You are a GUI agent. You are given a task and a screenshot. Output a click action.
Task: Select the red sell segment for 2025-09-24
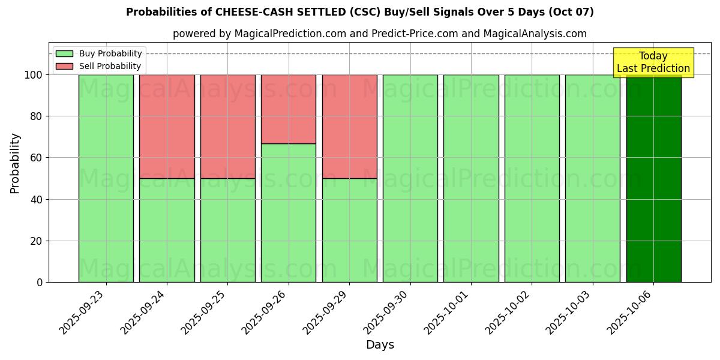coord(167,126)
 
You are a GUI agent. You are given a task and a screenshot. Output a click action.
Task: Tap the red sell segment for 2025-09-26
coord(289,109)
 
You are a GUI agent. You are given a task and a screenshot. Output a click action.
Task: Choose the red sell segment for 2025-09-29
coord(349,126)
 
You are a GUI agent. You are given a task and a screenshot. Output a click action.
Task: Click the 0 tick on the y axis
coord(40,282)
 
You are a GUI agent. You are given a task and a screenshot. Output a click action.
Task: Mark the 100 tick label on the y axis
coord(34,75)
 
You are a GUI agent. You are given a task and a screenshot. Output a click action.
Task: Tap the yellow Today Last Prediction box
coord(653,62)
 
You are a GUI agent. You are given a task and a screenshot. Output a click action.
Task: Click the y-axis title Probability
coord(15,163)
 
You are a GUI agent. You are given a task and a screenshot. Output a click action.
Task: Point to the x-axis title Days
coord(380,345)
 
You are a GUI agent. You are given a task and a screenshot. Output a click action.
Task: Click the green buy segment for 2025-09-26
coord(289,212)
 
